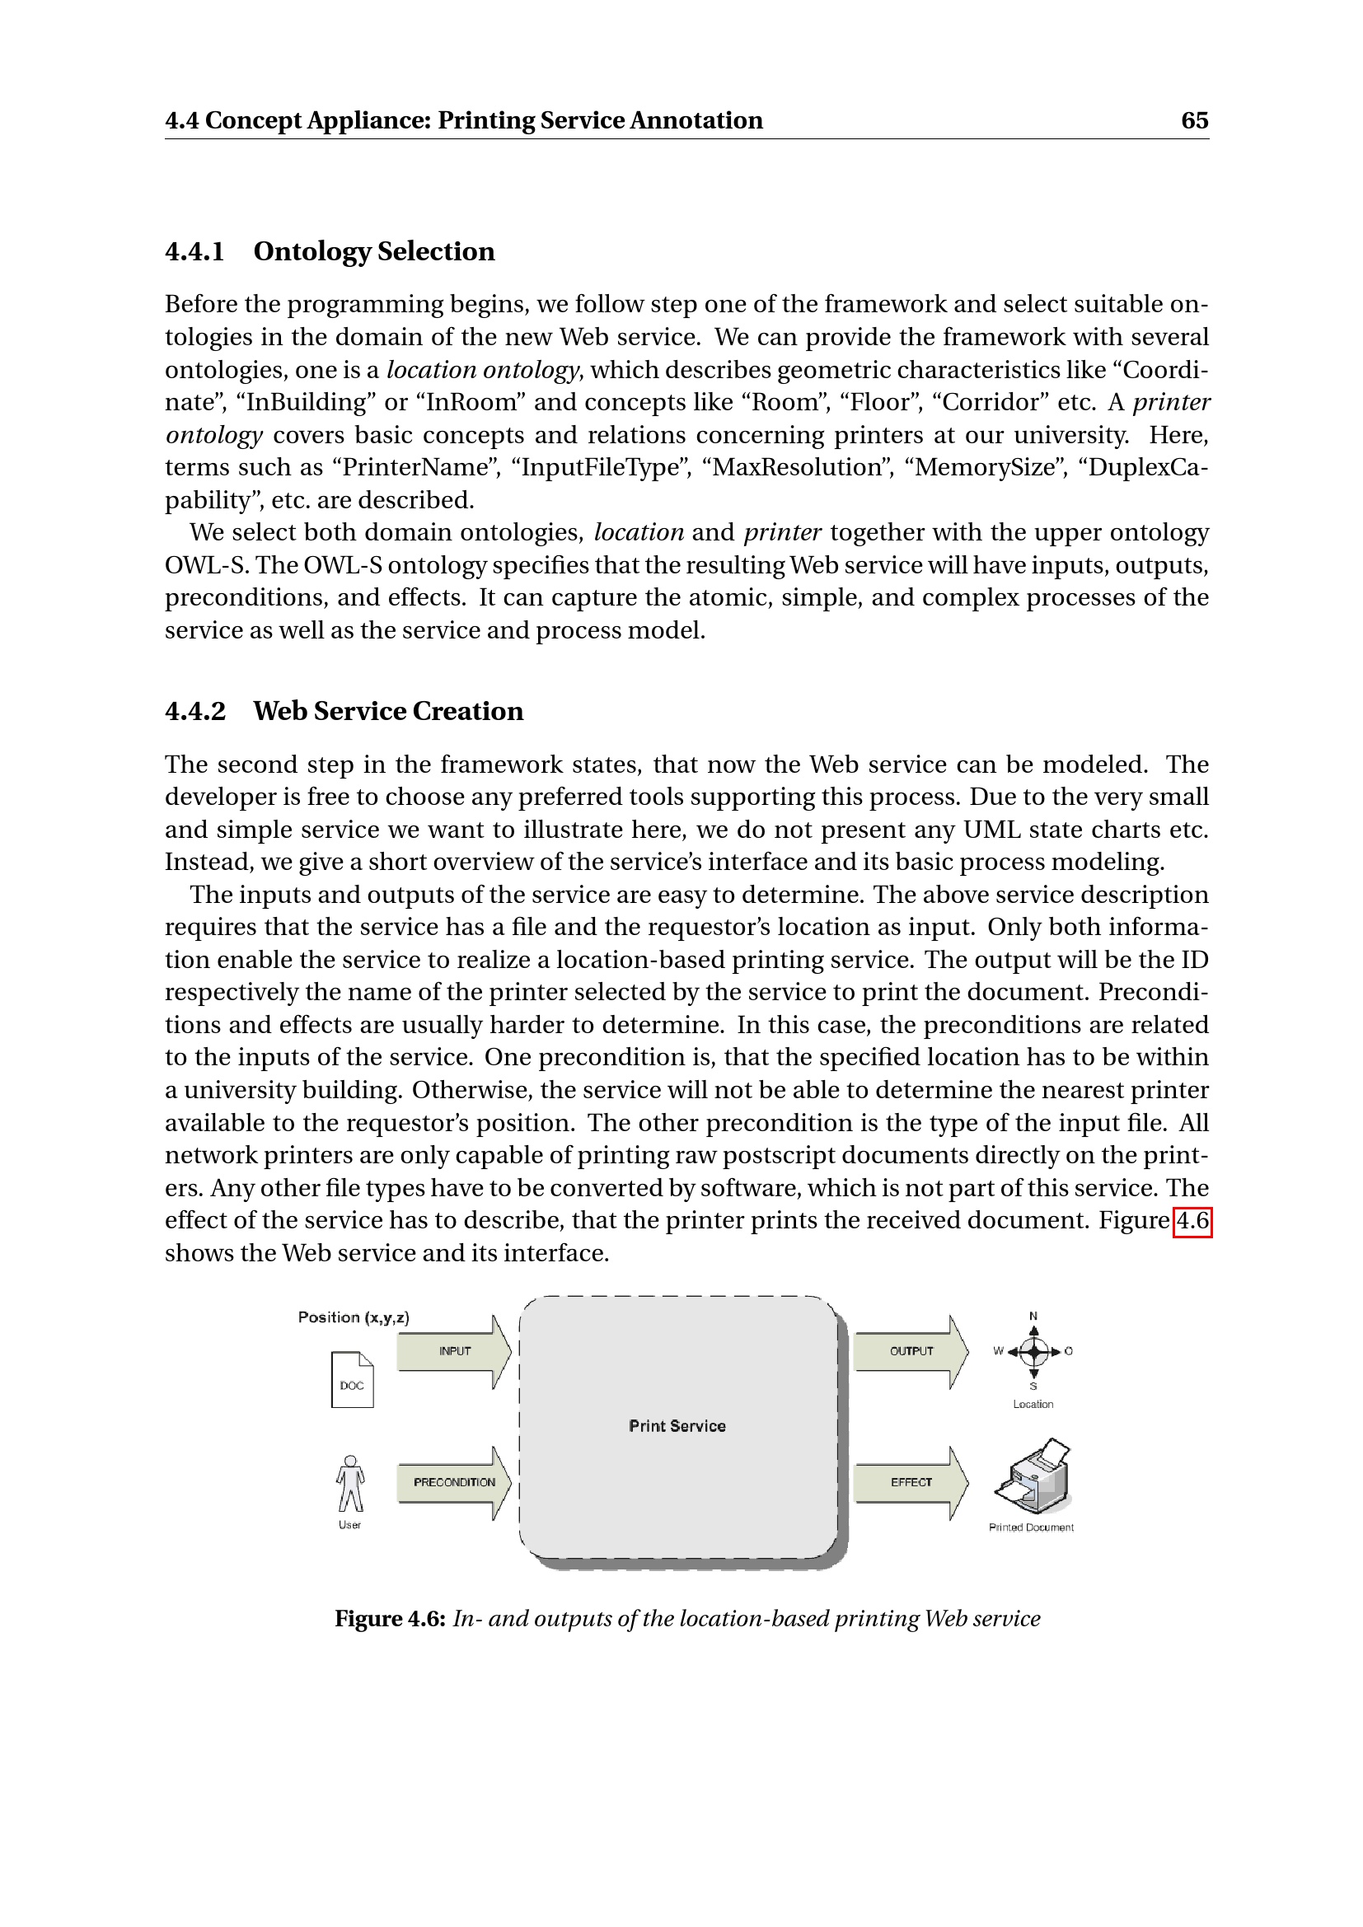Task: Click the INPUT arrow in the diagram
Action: coord(454,1351)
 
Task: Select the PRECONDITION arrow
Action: coord(454,1482)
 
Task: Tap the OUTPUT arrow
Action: coord(911,1351)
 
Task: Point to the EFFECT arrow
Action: coord(911,1482)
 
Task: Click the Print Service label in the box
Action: coord(677,1426)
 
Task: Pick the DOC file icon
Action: coord(353,1380)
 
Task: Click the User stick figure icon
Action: coord(350,1483)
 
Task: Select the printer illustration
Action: coord(1033,1476)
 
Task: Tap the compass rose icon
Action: coord(1034,1351)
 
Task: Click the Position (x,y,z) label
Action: coord(354,1317)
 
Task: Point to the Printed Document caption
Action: coord(1032,1527)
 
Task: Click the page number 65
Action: coord(1194,121)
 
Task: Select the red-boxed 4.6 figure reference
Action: coord(1192,1220)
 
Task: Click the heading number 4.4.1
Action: coord(194,252)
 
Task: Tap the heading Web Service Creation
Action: coord(389,712)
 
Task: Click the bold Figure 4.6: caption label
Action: coord(391,1619)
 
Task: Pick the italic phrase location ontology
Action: coord(483,370)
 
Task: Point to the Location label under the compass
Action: coord(1033,1404)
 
